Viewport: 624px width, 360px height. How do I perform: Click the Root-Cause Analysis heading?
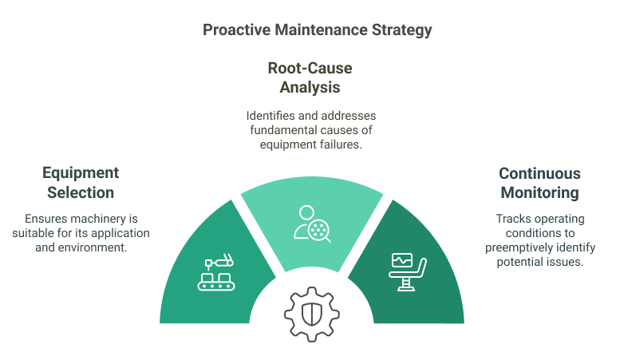(310, 77)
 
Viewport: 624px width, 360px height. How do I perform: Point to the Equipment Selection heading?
(80, 183)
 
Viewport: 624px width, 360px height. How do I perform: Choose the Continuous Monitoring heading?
(539, 183)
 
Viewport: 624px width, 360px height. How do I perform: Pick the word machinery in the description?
(96, 219)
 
